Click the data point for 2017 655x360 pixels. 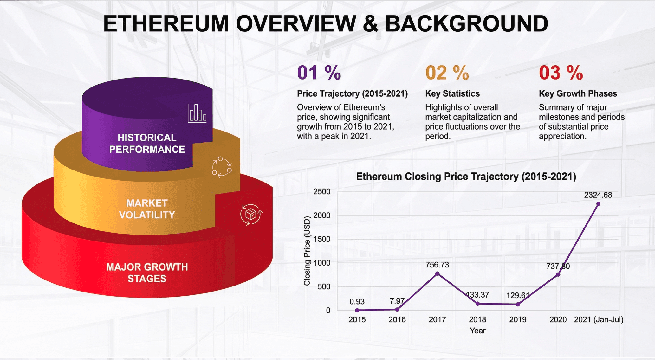click(x=437, y=273)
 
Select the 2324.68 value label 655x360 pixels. click(x=598, y=195)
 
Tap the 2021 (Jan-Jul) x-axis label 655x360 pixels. click(x=599, y=319)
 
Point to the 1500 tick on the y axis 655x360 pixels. click(x=322, y=239)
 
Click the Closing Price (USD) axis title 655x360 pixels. click(x=307, y=251)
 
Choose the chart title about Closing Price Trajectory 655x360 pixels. click(x=466, y=177)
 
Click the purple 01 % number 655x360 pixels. click(x=319, y=73)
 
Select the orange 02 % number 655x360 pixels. click(x=447, y=73)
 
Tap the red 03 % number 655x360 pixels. click(x=561, y=73)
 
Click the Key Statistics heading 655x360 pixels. click(x=452, y=93)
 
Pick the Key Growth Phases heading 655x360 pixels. click(x=578, y=93)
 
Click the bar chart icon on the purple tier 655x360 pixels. click(x=197, y=113)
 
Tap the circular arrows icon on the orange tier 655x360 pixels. click(x=222, y=167)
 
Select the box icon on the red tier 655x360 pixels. click(x=251, y=215)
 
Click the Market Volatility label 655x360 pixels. click(x=147, y=209)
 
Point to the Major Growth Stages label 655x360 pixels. click(x=147, y=273)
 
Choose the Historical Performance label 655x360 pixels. click(x=147, y=143)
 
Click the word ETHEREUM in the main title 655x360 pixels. click(x=166, y=24)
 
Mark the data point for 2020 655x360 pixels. click(x=558, y=274)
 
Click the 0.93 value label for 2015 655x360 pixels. click(x=357, y=301)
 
